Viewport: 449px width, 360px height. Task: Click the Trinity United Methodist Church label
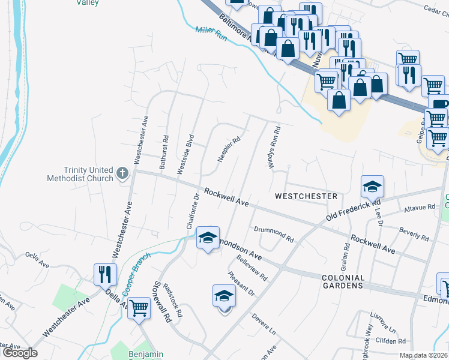pos(80,174)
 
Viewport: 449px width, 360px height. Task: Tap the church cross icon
pos(122,174)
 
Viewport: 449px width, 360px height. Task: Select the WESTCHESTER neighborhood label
pos(306,196)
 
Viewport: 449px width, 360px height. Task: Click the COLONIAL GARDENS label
pos(343,282)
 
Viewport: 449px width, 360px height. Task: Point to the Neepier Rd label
pos(229,150)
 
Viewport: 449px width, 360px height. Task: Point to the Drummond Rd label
pos(273,234)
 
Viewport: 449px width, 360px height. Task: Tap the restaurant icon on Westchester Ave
pos(105,274)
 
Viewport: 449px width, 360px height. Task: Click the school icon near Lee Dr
pos(372,187)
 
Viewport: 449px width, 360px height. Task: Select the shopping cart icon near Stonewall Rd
pos(139,308)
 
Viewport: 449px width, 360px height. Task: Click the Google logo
pos(20,353)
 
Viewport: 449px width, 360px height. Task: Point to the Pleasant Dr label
pos(241,284)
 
